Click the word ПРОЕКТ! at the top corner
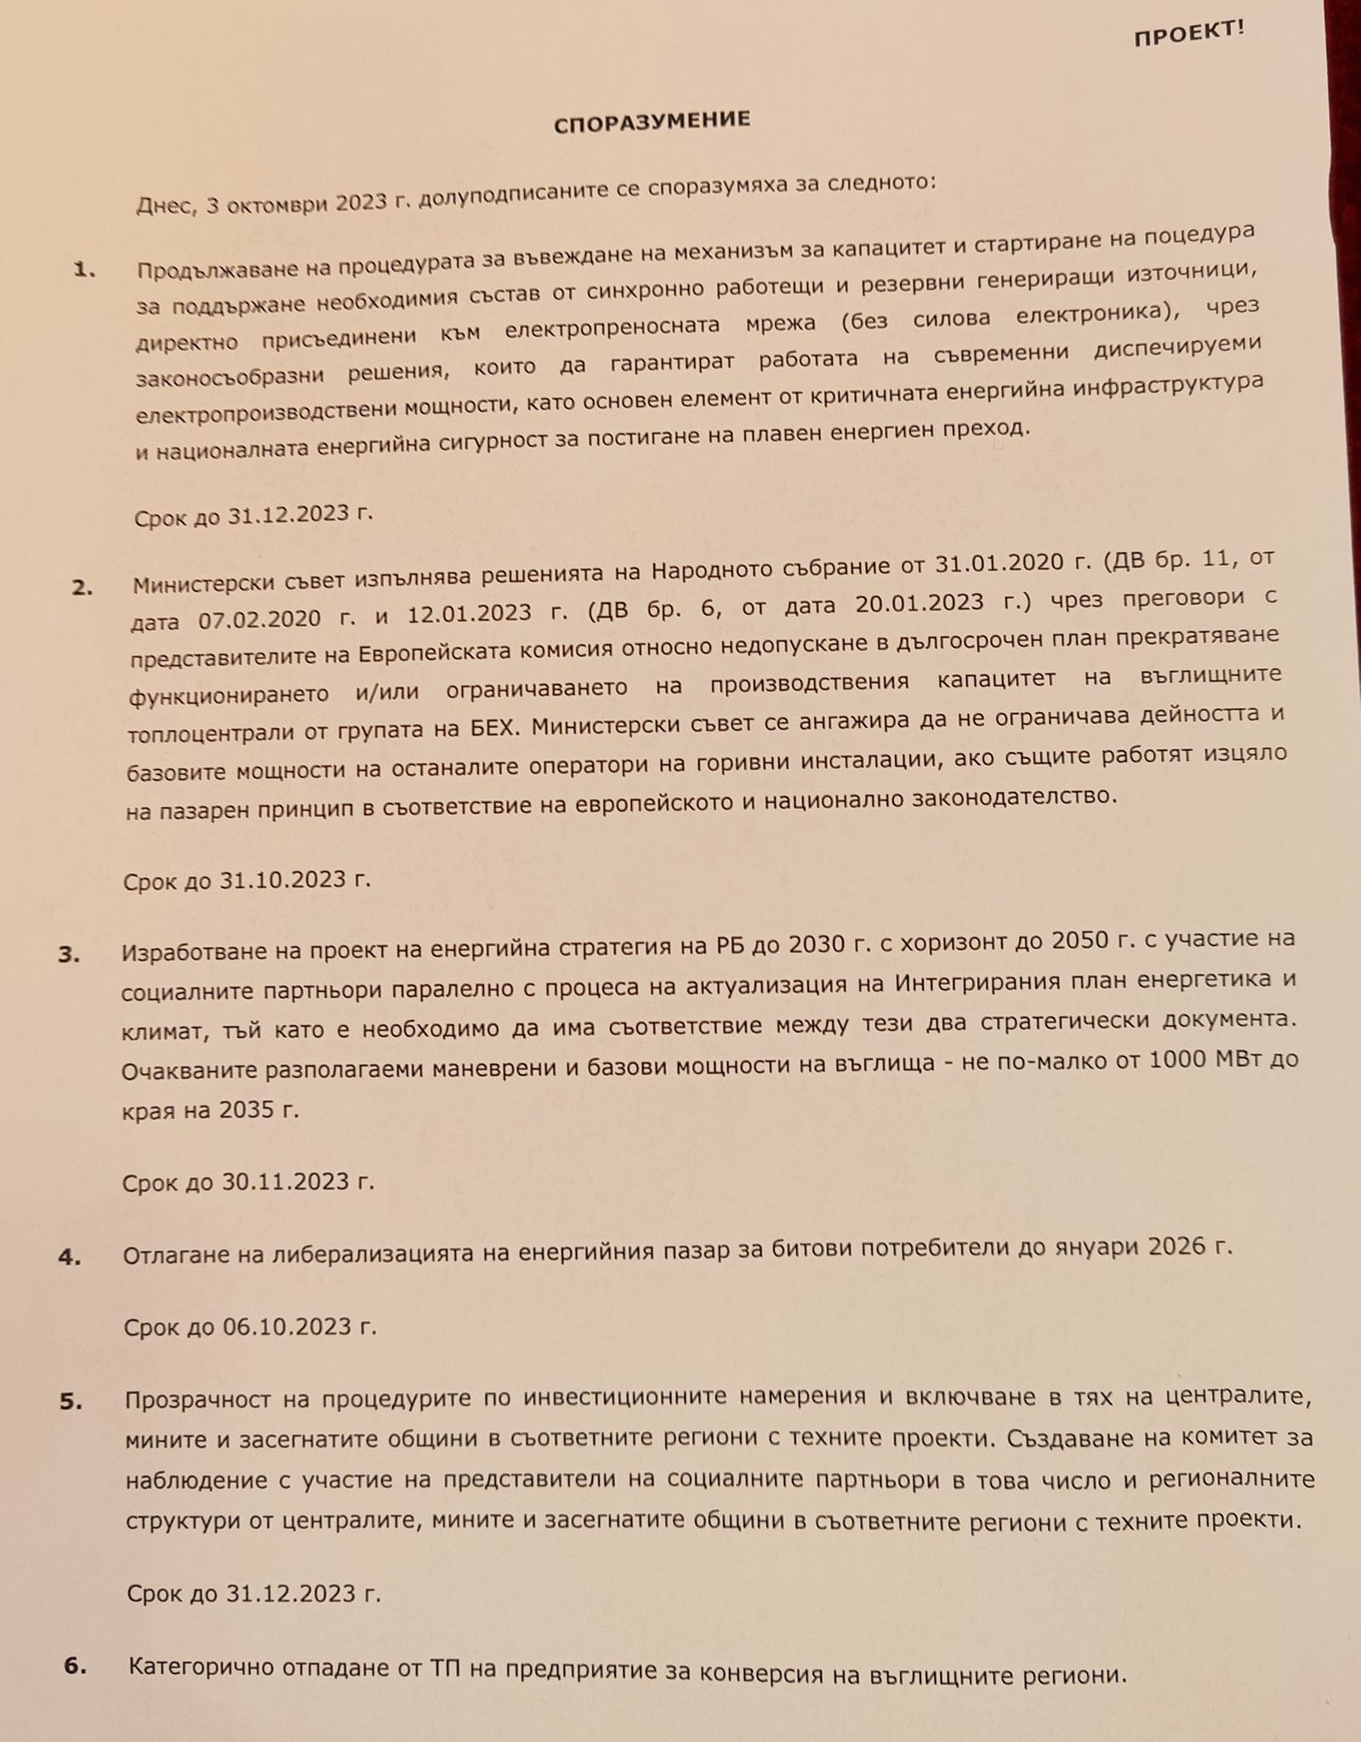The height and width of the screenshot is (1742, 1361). [x=1188, y=33]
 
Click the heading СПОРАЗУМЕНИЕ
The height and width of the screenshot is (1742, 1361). [x=652, y=122]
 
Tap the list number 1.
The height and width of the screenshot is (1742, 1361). [x=84, y=270]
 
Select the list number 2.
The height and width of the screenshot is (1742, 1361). [x=82, y=588]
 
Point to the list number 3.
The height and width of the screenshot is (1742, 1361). [x=69, y=954]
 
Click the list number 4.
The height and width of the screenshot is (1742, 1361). [x=70, y=1257]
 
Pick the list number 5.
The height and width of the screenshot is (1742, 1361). [x=71, y=1401]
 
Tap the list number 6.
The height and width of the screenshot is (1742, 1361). [x=76, y=1665]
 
